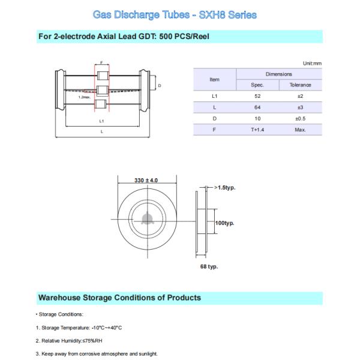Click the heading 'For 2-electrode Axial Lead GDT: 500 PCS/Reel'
click(123, 37)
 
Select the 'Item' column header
click(214, 79)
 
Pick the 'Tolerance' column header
click(300, 85)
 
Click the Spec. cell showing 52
click(258, 95)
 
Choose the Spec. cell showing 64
click(258, 107)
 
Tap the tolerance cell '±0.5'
click(300, 118)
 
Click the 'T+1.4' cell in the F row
click(258, 130)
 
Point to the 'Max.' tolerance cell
click(300, 130)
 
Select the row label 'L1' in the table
click(214, 95)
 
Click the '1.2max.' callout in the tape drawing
click(85, 97)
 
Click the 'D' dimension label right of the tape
click(159, 86)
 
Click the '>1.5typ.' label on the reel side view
click(225, 188)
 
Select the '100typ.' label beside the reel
click(224, 223)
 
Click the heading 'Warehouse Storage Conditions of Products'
click(119, 298)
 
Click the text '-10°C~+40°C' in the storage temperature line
click(106, 327)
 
